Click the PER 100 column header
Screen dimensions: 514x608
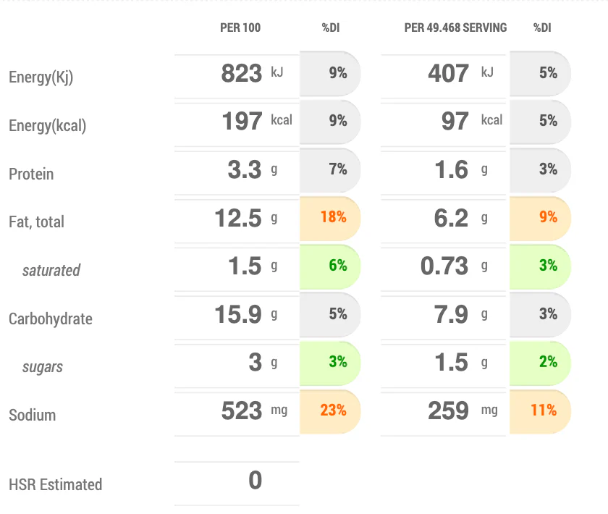coord(240,28)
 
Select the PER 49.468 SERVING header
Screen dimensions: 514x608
coord(455,28)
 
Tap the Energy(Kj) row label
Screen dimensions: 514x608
coord(41,77)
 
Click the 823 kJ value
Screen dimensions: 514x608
coord(242,73)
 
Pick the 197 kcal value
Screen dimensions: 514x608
coord(242,121)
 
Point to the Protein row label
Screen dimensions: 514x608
coord(31,174)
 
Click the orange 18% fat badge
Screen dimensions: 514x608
coord(333,217)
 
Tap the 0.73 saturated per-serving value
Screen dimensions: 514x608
coord(444,266)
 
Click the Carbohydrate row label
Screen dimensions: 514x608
coord(51,319)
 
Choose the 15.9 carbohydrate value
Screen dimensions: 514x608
coord(237,314)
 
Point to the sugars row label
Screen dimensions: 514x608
coord(43,367)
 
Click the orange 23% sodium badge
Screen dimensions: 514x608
coord(333,410)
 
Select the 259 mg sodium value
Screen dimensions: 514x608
coord(448,410)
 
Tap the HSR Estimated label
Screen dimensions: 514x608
coord(55,485)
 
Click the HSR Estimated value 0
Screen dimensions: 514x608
coord(255,481)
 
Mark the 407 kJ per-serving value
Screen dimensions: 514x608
coord(448,73)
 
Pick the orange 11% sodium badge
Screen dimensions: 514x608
coord(543,410)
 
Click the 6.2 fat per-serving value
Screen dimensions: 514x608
coord(451,217)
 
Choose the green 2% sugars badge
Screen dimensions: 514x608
coord(548,362)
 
